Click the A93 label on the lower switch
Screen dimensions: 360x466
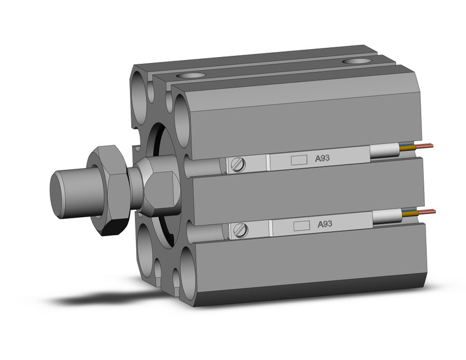point(325,224)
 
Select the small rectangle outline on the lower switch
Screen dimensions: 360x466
point(300,225)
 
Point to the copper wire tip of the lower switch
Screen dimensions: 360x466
point(429,212)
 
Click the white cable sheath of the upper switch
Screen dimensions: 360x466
point(384,151)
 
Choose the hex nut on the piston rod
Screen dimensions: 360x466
point(109,190)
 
